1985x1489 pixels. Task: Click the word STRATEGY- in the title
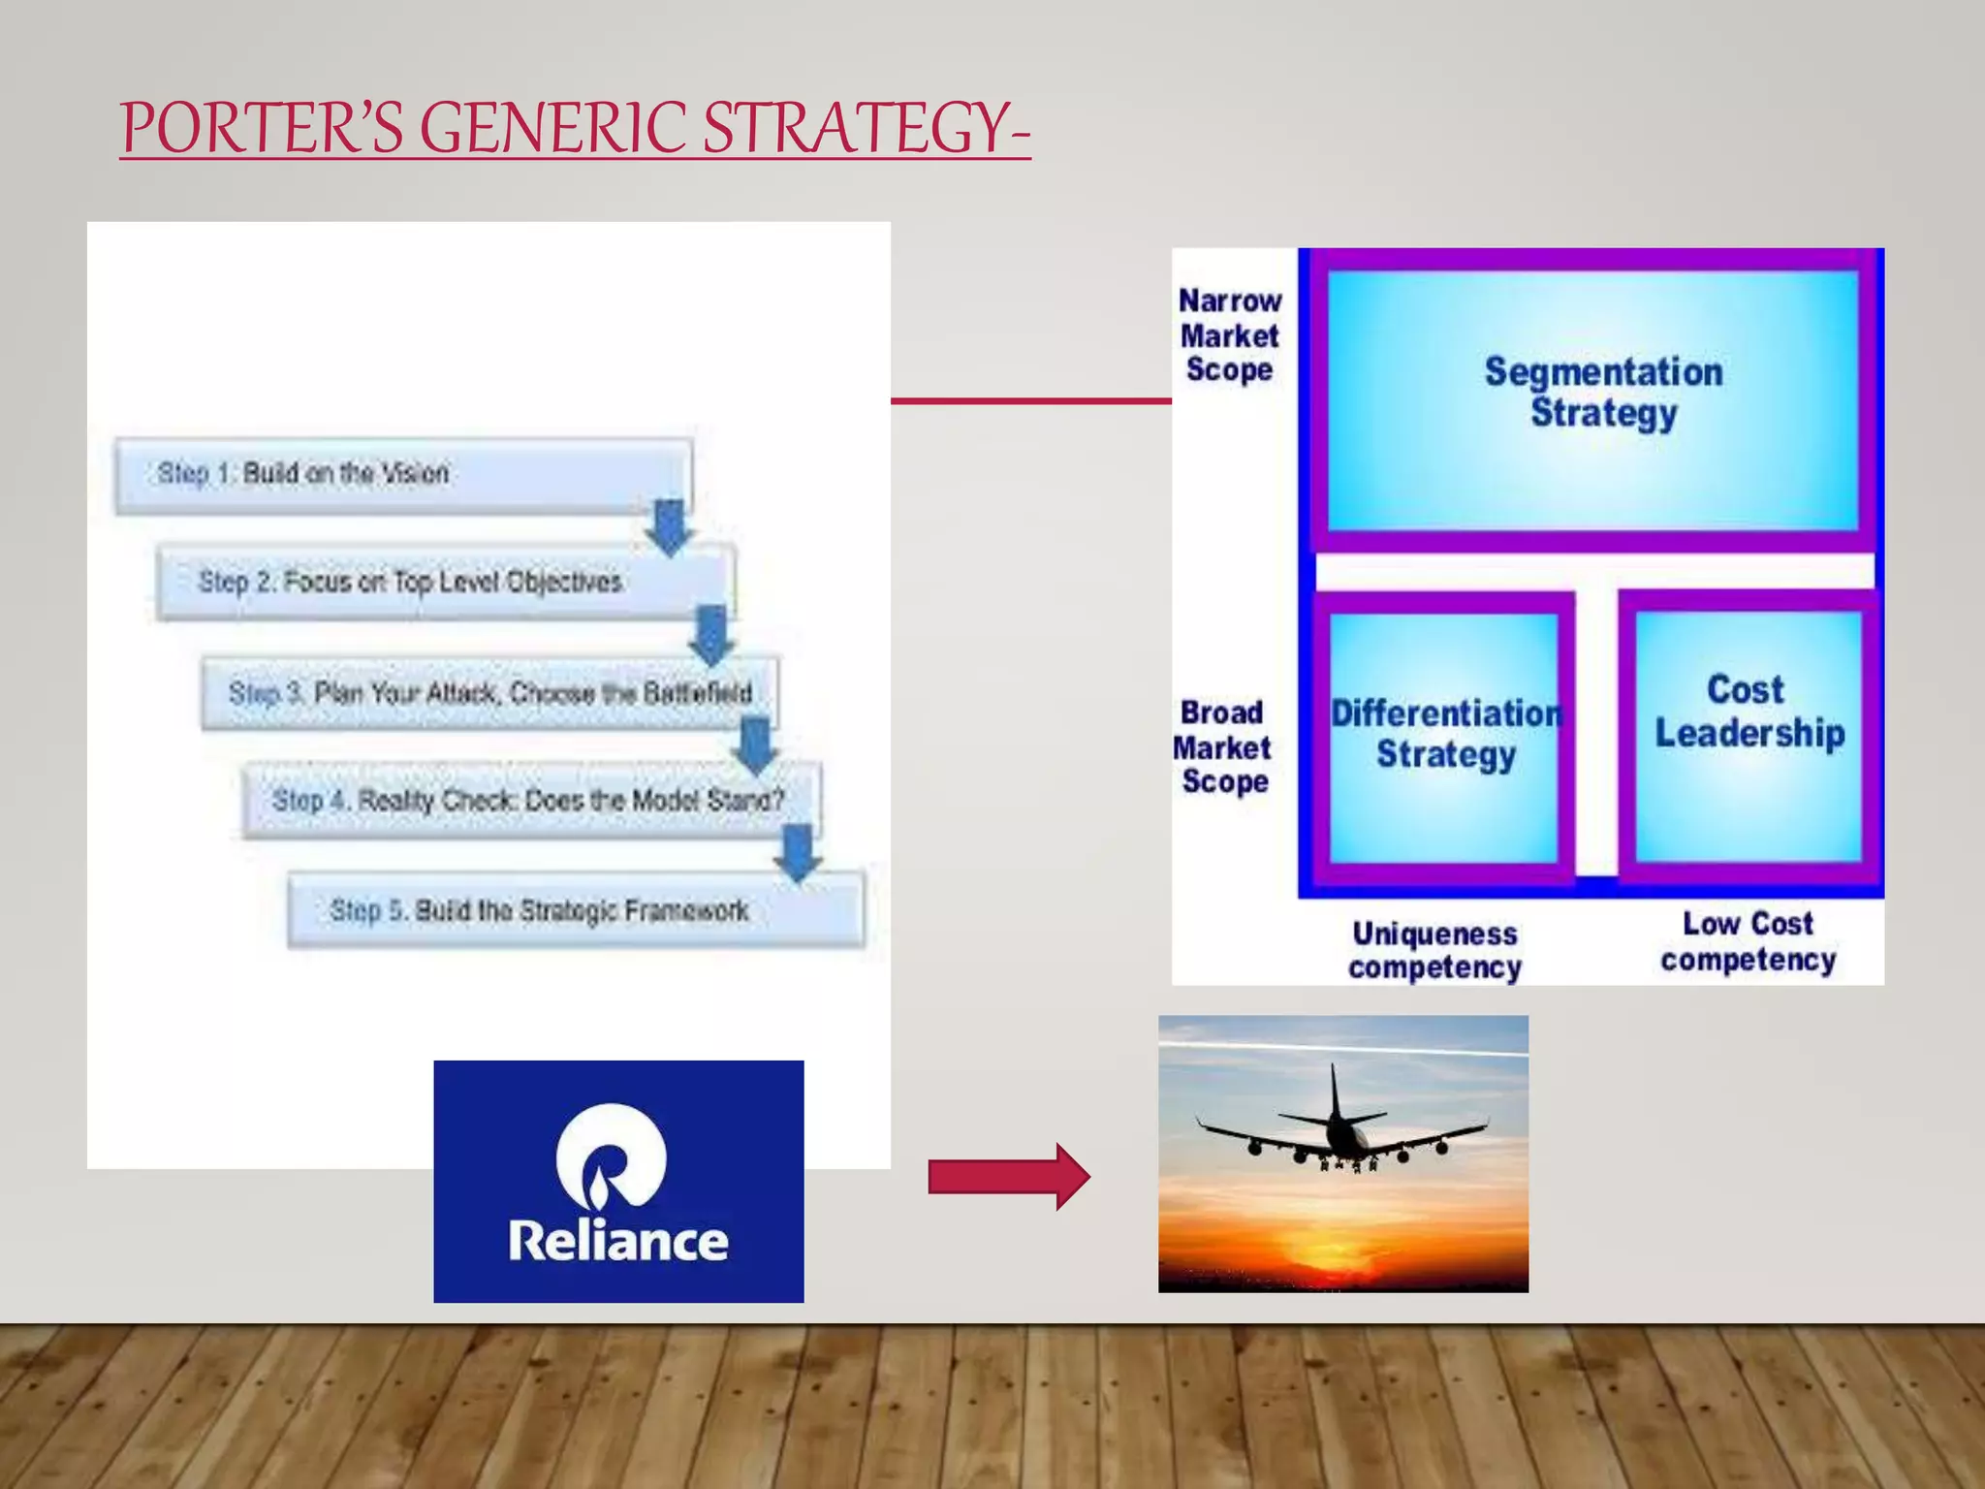(866, 128)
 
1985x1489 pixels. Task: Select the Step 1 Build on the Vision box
(402, 474)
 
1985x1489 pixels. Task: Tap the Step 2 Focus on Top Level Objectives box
(444, 582)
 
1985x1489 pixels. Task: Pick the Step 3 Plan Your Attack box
(489, 692)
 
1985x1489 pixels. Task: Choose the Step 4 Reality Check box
(530, 801)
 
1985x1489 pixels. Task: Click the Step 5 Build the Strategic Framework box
(575, 910)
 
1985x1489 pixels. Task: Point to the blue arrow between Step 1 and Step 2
(669, 526)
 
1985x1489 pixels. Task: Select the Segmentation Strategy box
(1593, 400)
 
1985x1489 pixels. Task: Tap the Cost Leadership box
(1749, 735)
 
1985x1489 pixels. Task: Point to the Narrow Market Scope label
(1229, 335)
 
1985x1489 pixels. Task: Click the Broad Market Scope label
(1223, 747)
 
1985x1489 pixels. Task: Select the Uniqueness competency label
(1434, 950)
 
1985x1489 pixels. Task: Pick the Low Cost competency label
(1748, 940)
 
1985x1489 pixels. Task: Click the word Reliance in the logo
(618, 1241)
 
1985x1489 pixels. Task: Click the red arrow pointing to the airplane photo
(1008, 1177)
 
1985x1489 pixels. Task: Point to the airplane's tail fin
(1336, 1091)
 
